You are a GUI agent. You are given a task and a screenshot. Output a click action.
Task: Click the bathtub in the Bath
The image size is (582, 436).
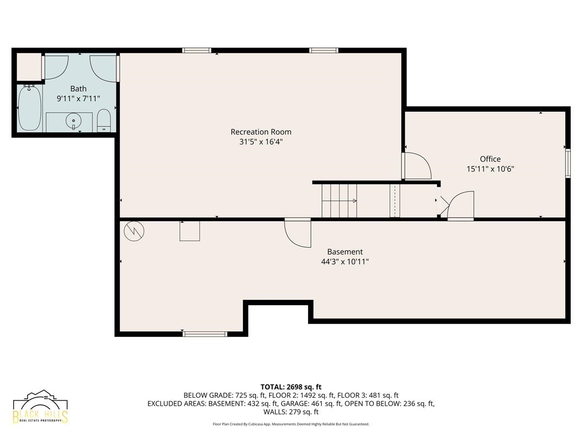tap(30, 108)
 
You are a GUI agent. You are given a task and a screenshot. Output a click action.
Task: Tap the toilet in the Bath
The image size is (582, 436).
tap(104, 121)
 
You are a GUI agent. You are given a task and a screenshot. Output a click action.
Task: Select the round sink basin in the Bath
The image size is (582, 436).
tap(73, 122)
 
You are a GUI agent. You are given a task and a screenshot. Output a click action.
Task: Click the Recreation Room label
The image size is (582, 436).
tap(261, 132)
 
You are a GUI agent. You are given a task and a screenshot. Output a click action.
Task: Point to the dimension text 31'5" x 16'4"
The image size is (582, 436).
tap(261, 142)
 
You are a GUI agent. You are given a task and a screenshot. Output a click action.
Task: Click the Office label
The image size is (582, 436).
tap(490, 159)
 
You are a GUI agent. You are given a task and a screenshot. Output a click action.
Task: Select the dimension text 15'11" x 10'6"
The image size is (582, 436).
tap(490, 169)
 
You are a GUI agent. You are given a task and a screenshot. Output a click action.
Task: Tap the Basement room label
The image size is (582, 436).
tap(345, 252)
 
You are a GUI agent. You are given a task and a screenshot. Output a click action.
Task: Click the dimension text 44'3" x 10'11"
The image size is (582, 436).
tap(345, 262)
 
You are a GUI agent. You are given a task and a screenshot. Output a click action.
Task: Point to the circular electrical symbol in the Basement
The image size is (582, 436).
tap(134, 231)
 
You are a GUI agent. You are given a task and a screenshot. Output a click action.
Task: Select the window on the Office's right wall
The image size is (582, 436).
tap(567, 163)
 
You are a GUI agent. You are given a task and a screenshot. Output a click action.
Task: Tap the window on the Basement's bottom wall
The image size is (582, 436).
tap(205, 334)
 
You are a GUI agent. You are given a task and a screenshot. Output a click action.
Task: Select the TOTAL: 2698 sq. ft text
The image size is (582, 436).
tap(291, 387)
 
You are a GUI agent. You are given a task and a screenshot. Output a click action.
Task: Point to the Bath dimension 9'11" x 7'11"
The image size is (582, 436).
tap(78, 99)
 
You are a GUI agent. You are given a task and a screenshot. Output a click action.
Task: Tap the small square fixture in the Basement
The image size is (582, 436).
tap(190, 231)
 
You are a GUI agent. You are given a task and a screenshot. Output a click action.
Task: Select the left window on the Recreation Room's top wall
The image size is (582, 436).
tap(197, 50)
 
